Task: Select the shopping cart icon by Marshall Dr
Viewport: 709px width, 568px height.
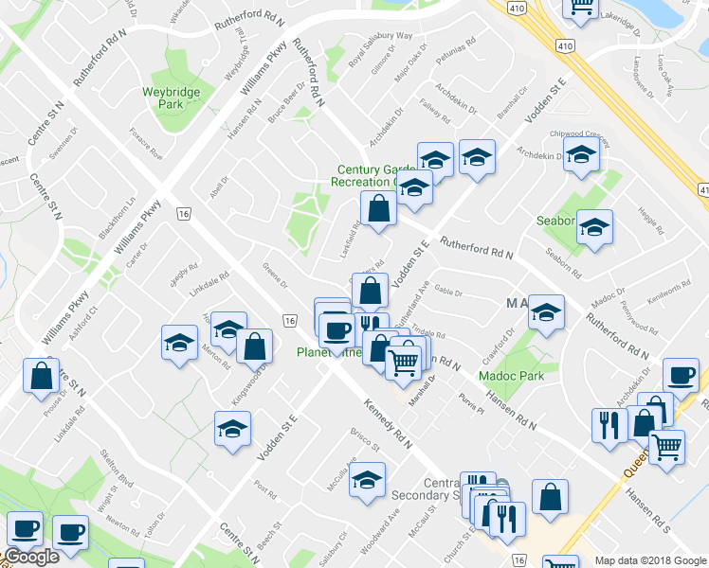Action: [x=404, y=360]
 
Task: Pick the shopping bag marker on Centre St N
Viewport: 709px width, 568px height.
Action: [x=42, y=376]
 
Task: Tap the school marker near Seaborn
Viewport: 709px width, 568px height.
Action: [x=594, y=226]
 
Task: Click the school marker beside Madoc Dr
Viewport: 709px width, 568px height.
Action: [x=545, y=311]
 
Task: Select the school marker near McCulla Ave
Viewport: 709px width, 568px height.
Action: [x=367, y=479]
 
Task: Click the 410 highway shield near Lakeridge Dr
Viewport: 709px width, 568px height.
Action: [x=565, y=44]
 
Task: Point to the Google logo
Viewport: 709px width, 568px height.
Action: [x=31, y=558]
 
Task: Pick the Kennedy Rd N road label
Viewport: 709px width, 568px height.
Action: [x=388, y=424]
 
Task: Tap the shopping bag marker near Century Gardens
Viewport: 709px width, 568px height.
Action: [x=378, y=209]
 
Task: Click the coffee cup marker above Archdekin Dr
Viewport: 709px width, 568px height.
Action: [x=681, y=374]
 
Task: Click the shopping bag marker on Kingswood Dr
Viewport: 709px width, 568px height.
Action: [x=255, y=346]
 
